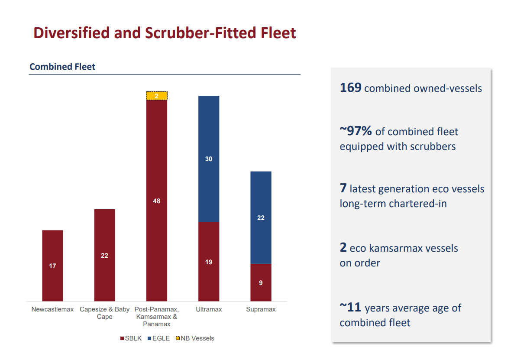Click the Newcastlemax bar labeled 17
[x=52, y=265]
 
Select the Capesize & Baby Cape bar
[x=104, y=255]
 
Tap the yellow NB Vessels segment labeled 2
[x=156, y=96]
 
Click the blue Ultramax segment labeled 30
[x=209, y=159]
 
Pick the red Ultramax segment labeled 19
[x=209, y=261]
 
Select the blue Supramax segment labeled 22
[x=261, y=217]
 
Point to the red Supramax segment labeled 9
[x=261, y=282]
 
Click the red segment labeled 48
[x=156, y=201]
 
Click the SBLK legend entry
[x=131, y=338]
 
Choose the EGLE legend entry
[x=158, y=338]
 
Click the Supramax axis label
[x=261, y=309]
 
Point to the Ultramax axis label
[x=209, y=309]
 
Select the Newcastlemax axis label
[x=52, y=309]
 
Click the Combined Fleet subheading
[x=62, y=67]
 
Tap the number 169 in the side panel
[x=350, y=88]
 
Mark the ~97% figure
[x=356, y=131]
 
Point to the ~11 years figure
[x=350, y=308]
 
